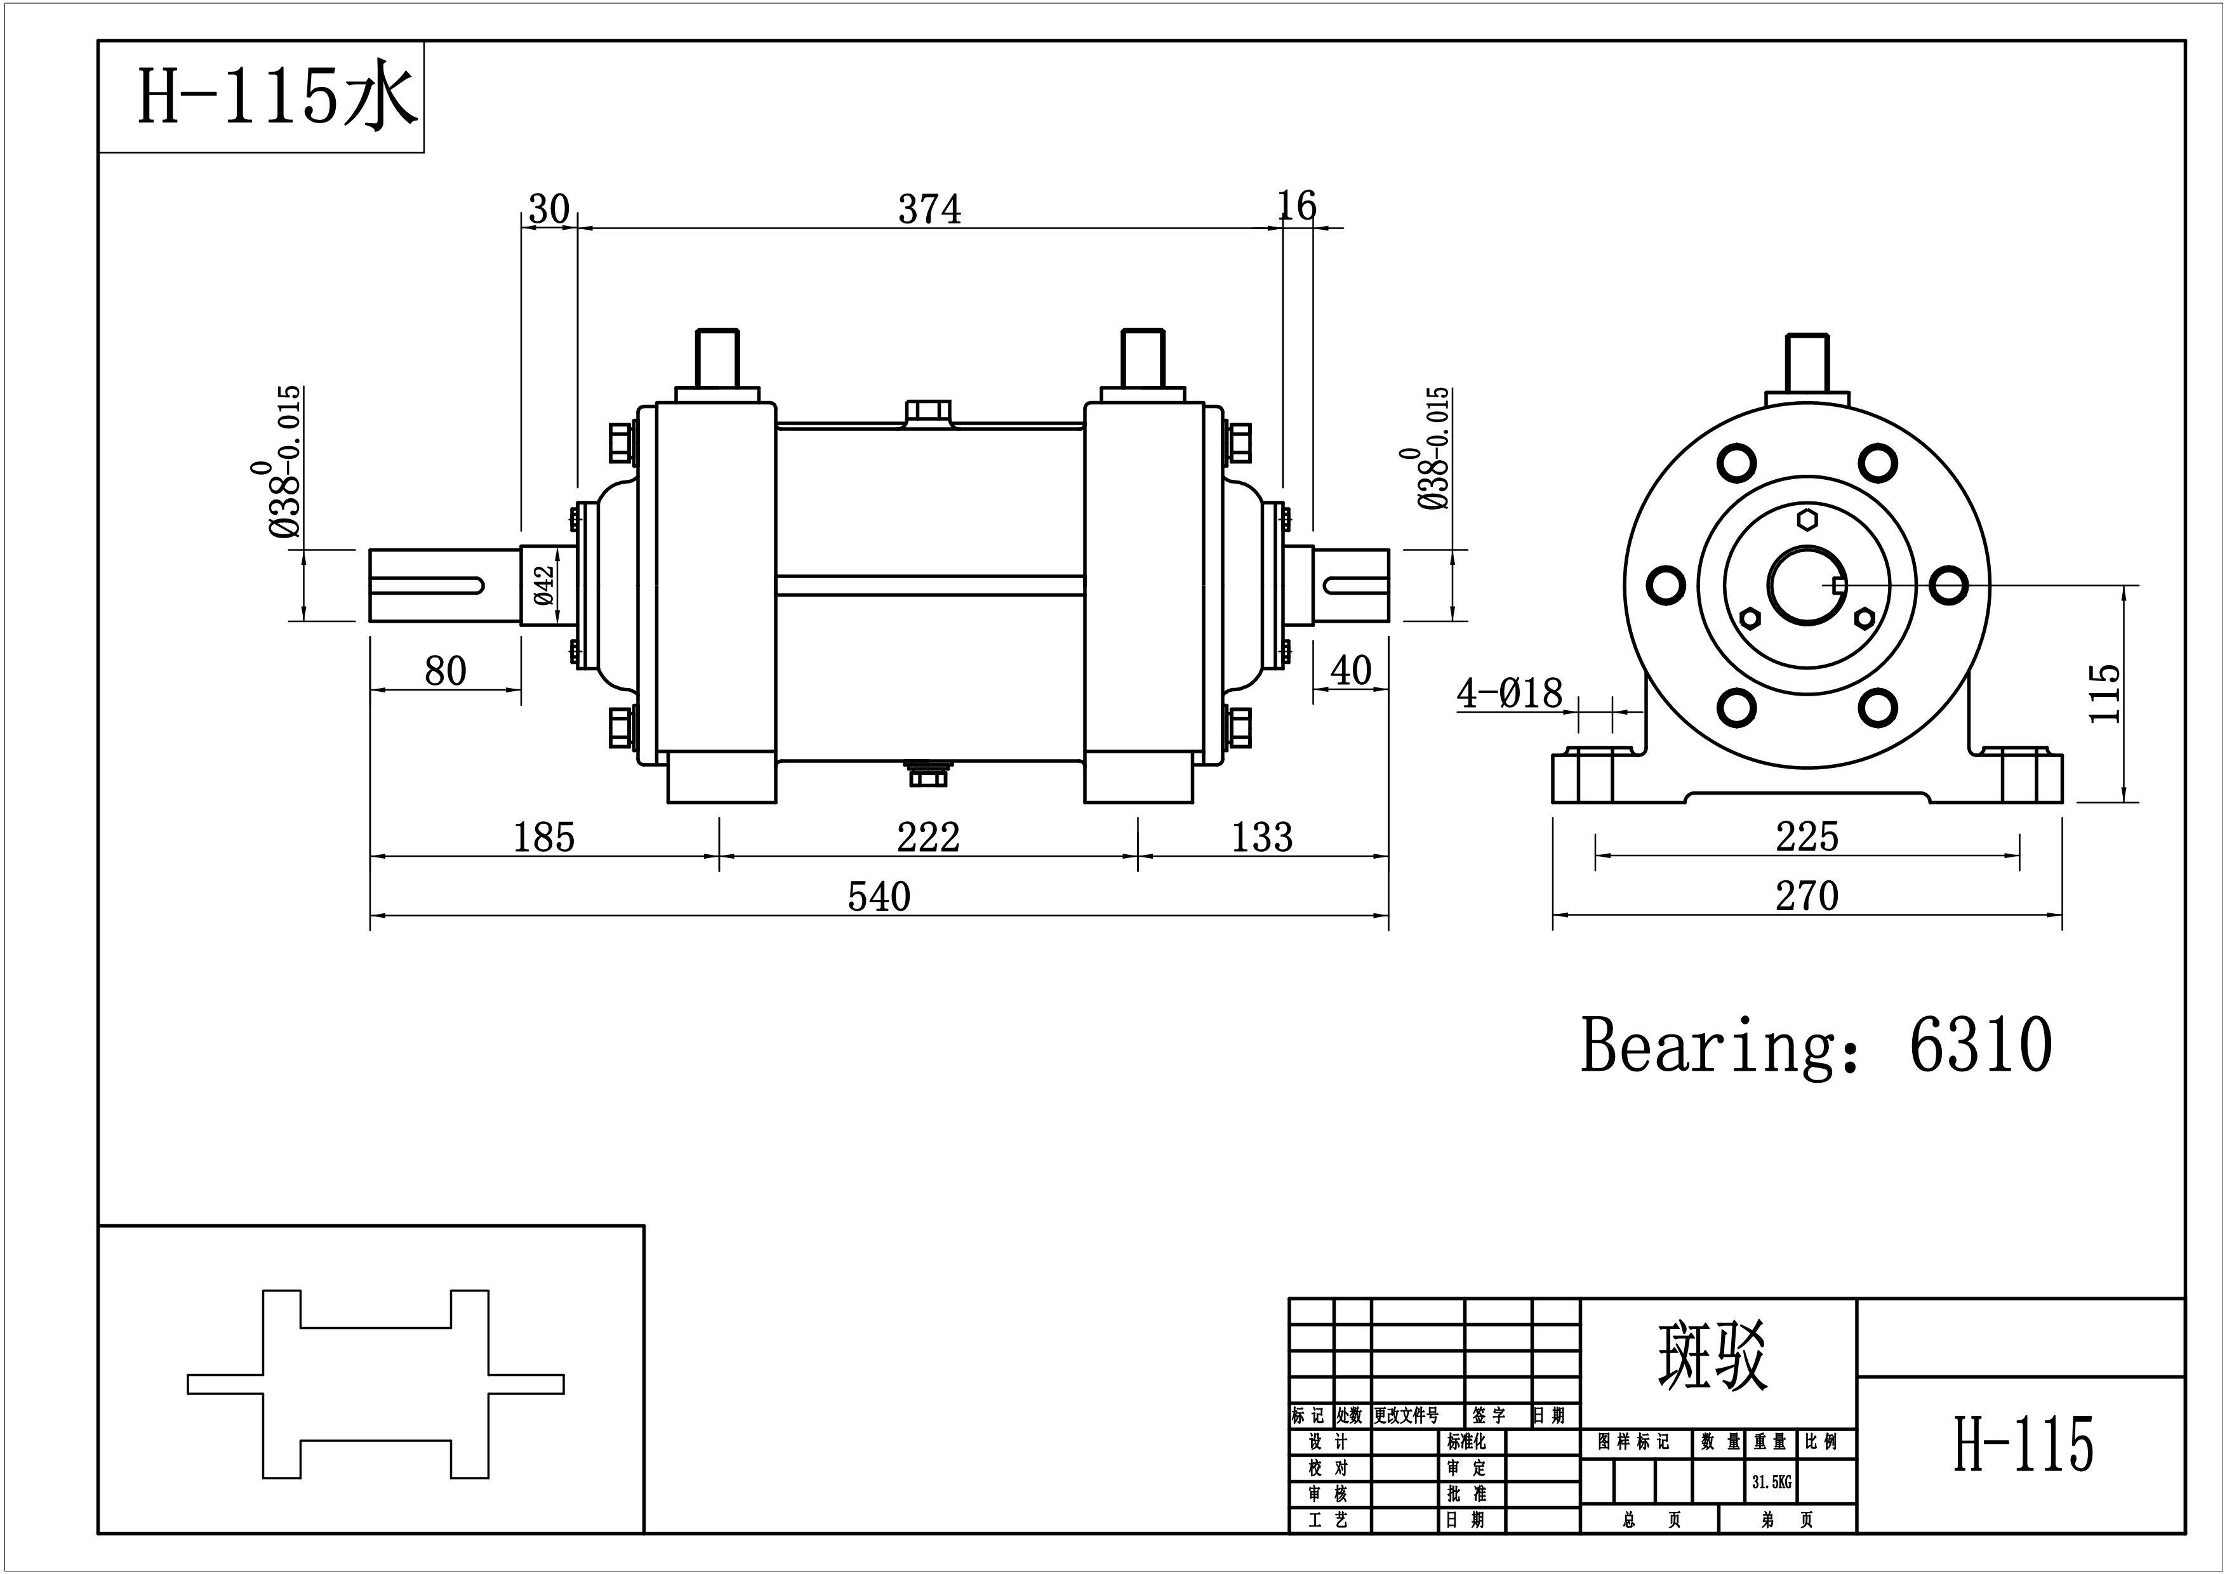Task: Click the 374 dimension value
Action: click(929, 209)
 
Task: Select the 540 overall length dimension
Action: click(879, 896)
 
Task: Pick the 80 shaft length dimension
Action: click(445, 670)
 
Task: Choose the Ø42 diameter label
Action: click(544, 586)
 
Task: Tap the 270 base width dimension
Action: click(1807, 896)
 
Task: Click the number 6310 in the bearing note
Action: click(1981, 1045)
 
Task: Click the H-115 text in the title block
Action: click(2023, 1444)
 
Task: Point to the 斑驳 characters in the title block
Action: click(1712, 1356)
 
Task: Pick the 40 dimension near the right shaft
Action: click(1351, 670)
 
